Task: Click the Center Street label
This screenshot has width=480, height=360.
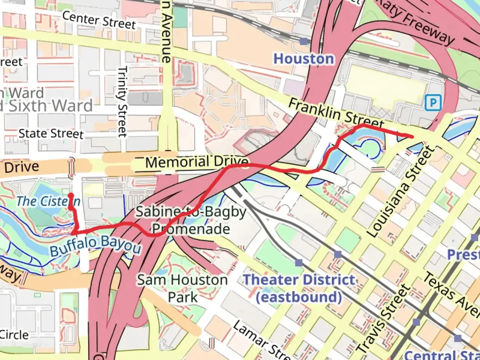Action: pyautogui.click(x=99, y=20)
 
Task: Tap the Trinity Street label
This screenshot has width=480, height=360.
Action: pyautogui.click(x=122, y=102)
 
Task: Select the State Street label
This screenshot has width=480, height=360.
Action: pyautogui.click(x=51, y=134)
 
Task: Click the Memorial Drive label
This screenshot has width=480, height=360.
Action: pyautogui.click(x=197, y=162)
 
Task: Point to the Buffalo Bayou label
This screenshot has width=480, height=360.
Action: pyautogui.click(x=96, y=246)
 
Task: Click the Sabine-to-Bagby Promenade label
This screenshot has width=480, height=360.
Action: pyautogui.click(x=191, y=220)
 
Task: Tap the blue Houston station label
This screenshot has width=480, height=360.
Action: pyautogui.click(x=303, y=59)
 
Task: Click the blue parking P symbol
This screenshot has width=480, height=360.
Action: pyautogui.click(x=433, y=103)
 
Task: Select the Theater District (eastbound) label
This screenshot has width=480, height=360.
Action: pyautogui.click(x=299, y=288)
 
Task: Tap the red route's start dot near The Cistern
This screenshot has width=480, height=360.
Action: pyautogui.click(x=71, y=196)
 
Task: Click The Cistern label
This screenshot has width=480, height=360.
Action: pyautogui.click(x=48, y=201)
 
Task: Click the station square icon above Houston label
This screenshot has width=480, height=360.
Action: pyautogui.click(x=304, y=41)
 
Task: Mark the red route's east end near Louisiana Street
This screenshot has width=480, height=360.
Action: pyautogui.click(x=412, y=136)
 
